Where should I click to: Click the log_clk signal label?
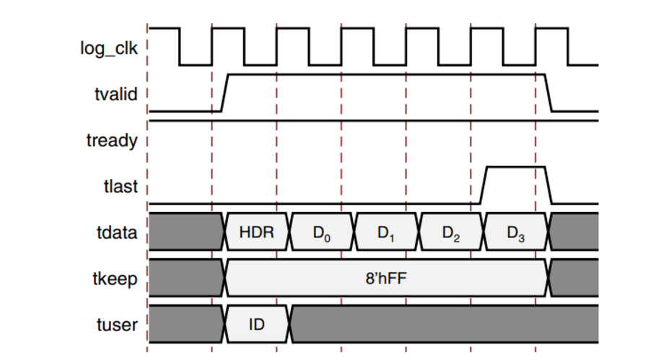[x=108, y=49]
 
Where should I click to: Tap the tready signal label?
[x=111, y=140]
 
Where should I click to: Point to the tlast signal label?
[x=118, y=188]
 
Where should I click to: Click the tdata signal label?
[x=115, y=233]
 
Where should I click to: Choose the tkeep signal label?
[x=113, y=279]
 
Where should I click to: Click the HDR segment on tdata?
[x=258, y=233]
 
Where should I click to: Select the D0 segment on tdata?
[x=323, y=233]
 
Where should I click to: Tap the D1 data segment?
[x=388, y=233]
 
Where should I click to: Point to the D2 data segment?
[x=452, y=233]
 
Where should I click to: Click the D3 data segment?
[x=515, y=233]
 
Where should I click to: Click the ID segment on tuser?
[x=257, y=325]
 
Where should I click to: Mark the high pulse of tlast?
[x=515, y=167]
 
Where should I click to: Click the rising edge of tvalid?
[x=224, y=92]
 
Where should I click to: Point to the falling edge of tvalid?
[x=548, y=92]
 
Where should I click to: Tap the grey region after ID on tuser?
[x=444, y=325]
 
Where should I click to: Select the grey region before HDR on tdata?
[x=185, y=233]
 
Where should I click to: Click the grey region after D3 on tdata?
[x=575, y=233]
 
